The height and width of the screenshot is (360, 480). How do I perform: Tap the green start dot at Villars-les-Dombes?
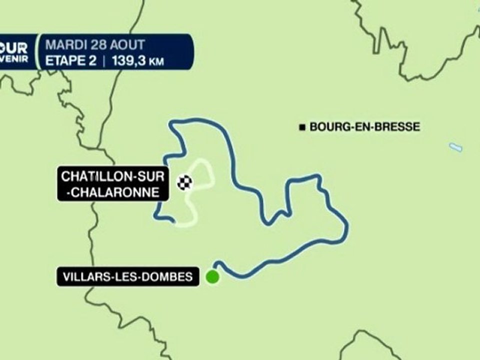point(212,277)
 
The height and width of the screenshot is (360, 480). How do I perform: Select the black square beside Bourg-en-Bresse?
point(302,127)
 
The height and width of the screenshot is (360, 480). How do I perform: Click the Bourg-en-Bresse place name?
point(364,127)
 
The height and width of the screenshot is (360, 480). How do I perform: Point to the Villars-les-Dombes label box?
point(128,277)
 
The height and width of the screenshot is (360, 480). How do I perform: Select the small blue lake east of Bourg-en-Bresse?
point(455,147)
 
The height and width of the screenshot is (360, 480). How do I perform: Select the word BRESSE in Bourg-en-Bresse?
point(398,127)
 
